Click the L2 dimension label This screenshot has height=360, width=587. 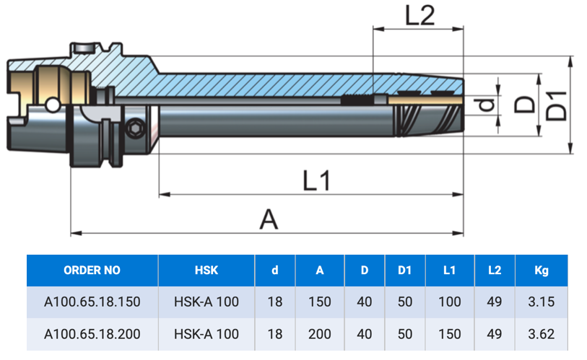pos(420,15)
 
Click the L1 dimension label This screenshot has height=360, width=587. pos(317,180)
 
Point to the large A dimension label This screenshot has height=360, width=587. pos(269,219)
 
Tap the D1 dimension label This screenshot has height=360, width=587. pos(556,106)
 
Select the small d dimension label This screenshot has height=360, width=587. pos(487,105)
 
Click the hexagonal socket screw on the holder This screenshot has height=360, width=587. pos(135,128)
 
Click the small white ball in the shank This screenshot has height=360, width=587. pos(53,105)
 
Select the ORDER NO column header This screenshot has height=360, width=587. pos(92,271)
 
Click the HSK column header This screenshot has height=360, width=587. pos(206,271)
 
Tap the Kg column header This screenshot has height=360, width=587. pos(542,271)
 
